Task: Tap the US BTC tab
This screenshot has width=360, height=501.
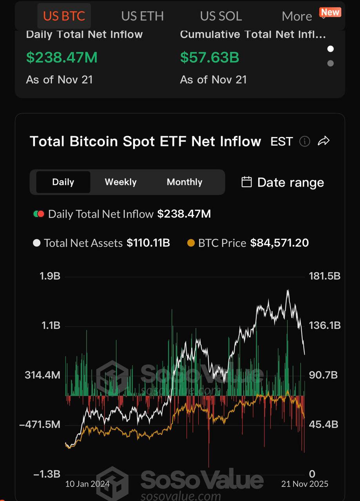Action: pos(64,16)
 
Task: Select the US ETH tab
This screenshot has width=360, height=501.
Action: pos(142,16)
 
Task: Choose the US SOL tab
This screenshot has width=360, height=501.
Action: pos(221,16)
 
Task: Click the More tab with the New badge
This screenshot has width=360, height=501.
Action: pos(297,16)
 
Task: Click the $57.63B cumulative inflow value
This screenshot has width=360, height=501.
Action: pos(209,58)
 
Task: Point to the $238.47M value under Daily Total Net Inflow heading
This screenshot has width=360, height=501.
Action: pos(62,58)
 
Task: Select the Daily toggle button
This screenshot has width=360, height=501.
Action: pos(63,182)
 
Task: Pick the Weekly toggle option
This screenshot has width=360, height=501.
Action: pos(121,182)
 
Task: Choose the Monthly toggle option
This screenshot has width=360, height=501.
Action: pos(185,182)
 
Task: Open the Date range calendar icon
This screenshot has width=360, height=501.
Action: pos(246,182)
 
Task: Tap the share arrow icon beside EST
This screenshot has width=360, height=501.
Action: pos(324,141)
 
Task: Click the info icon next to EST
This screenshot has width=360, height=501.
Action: pos(304,141)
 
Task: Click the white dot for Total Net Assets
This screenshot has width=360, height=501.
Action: pos(37,243)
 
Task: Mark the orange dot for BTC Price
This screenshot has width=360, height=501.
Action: pos(191,243)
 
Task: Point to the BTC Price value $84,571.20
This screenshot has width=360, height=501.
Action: pos(279,243)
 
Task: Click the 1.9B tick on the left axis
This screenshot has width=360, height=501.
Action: pos(50,276)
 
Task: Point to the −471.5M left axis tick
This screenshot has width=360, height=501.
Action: pos(40,425)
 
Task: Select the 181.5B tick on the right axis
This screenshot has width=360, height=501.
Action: pos(325,276)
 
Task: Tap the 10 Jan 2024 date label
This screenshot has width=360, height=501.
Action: pos(87,484)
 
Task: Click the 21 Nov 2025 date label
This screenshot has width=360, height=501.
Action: pos(305,484)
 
